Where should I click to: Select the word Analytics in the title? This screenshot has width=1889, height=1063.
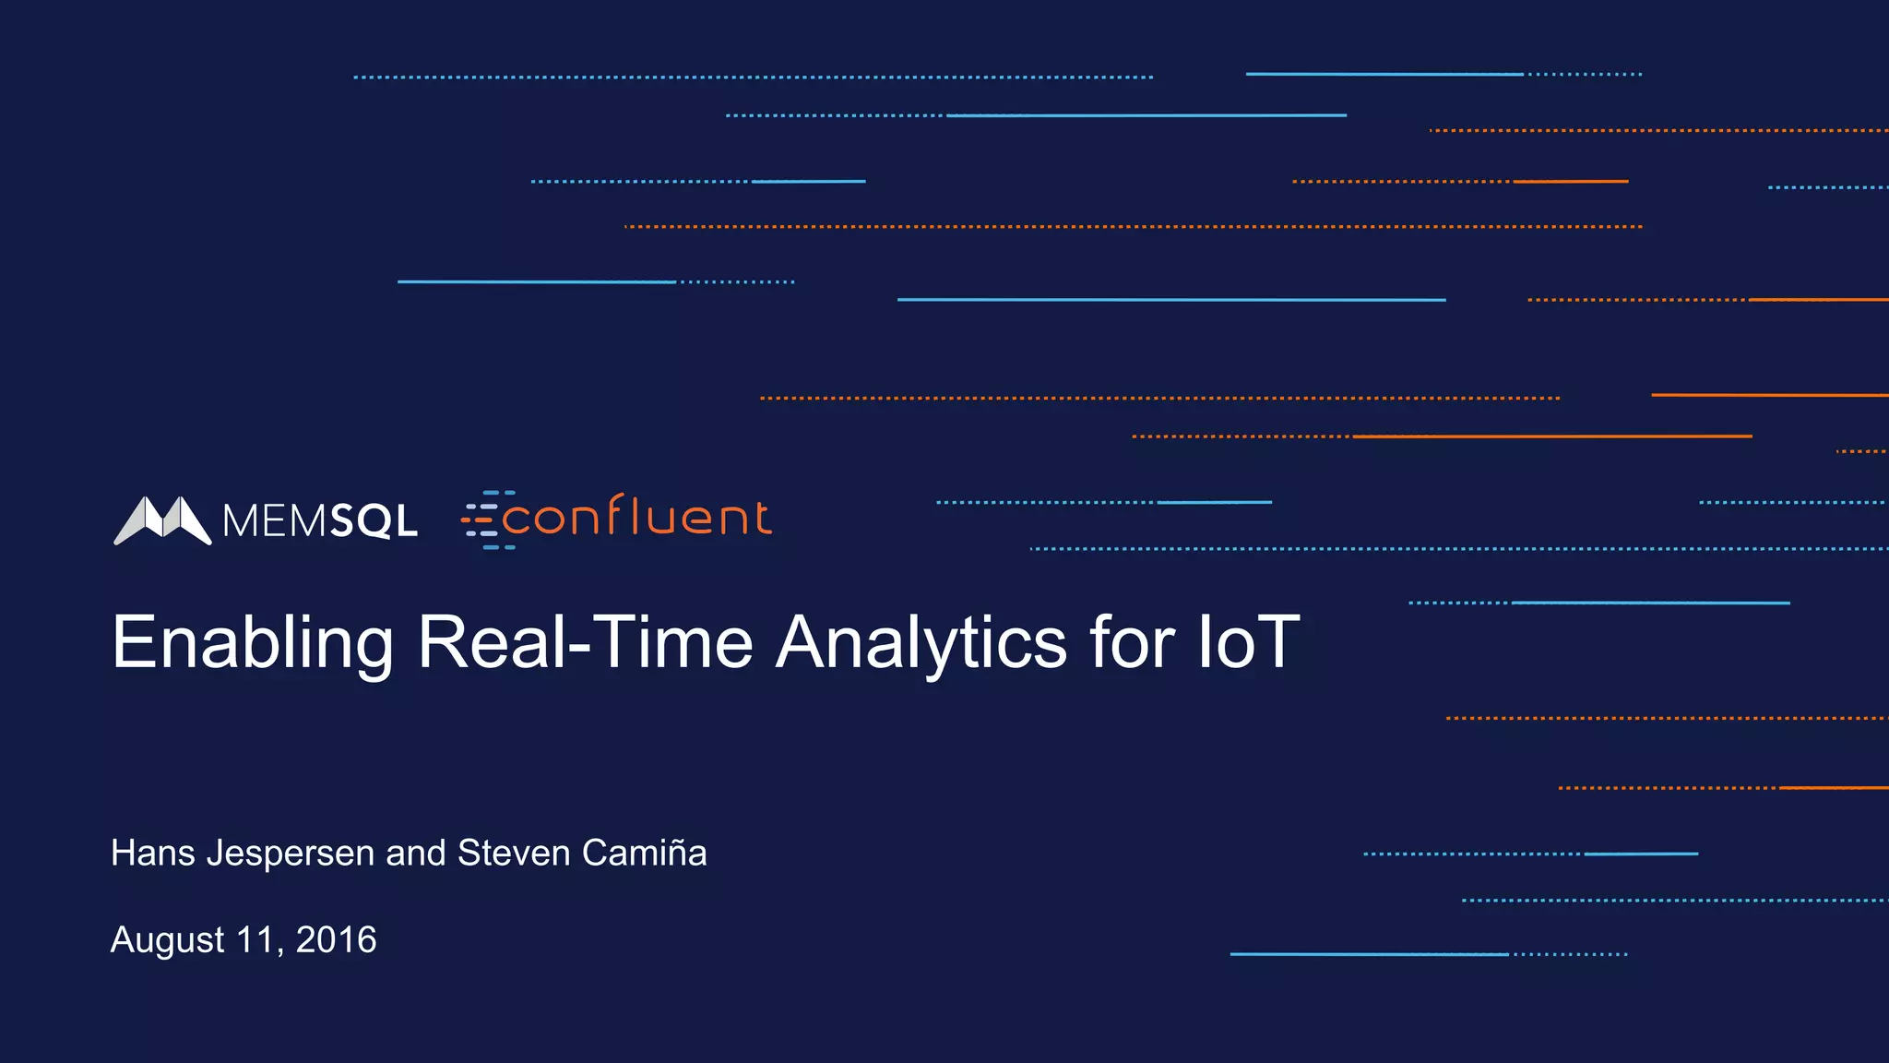[x=921, y=643]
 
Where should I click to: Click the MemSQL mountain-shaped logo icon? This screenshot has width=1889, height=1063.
[x=162, y=520]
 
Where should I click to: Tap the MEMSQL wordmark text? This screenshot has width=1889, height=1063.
[x=319, y=521]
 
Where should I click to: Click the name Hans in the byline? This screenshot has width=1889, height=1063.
[x=152, y=853]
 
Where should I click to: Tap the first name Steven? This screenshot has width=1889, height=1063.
[x=514, y=853]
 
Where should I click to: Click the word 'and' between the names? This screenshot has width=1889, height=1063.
[x=416, y=853]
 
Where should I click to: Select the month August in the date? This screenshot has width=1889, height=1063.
[x=167, y=941]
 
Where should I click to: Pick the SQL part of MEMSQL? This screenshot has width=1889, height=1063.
[x=374, y=522]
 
